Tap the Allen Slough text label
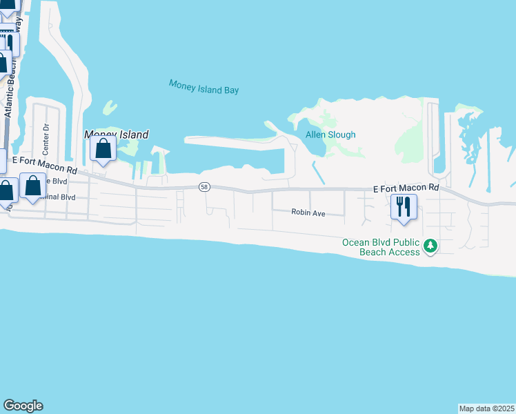pos(330,135)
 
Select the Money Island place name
pos(117,135)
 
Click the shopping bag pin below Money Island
pos(103,149)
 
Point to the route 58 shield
pos(204,187)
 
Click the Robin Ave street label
pos(308,213)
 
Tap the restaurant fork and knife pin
pos(404,206)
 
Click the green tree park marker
pos(430,246)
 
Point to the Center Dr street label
pos(46,139)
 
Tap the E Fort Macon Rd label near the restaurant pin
pos(406,188)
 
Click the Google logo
pos(23,406)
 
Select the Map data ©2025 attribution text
pos(486,408)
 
